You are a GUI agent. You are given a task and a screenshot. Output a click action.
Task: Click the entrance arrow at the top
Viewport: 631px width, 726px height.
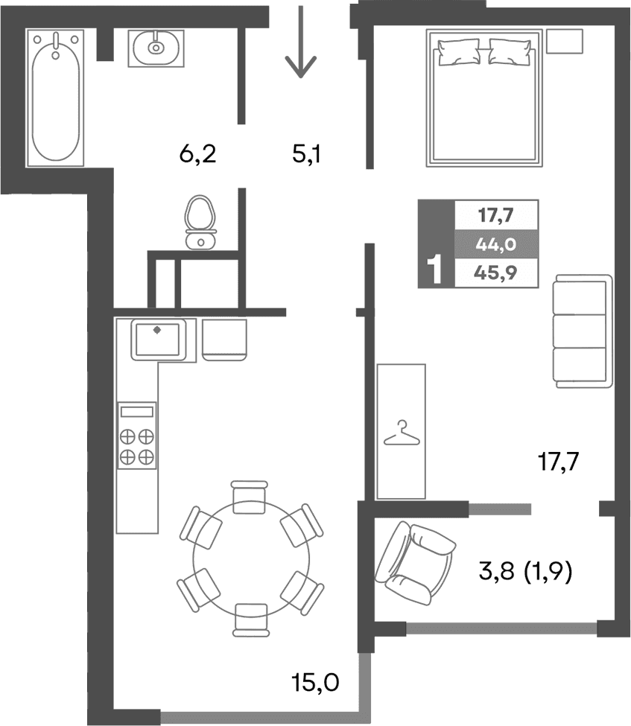(300, 43)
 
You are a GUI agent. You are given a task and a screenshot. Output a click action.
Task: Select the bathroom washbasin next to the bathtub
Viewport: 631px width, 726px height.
(156, 48)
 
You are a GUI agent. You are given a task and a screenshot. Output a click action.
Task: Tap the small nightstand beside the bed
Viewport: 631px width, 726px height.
(564, 41)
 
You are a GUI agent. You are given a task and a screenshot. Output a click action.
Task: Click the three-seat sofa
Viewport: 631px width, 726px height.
(582, 331)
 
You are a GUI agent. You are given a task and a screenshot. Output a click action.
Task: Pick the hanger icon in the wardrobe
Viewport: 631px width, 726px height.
(401, 433)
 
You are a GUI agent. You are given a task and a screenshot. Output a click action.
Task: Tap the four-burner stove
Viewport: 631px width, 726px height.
(137, 445)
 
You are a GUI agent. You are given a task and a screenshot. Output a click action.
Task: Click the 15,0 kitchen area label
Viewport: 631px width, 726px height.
(315, 681)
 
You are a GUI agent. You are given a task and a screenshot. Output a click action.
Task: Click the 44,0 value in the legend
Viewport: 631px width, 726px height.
(496, 243)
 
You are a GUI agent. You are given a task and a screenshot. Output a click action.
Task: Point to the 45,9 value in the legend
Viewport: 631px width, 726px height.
(496, 273)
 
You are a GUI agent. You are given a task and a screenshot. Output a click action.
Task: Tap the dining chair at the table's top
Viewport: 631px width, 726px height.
(250, 496)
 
